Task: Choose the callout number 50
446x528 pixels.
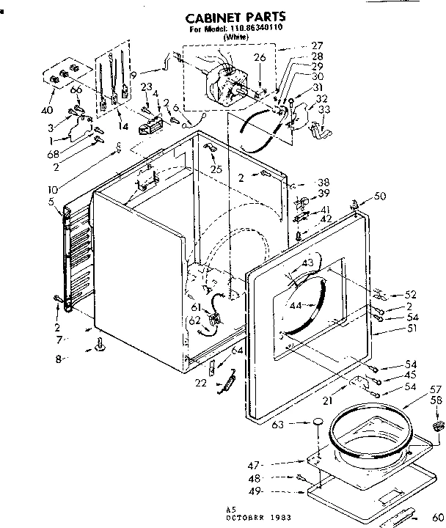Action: click(x=379, y=196)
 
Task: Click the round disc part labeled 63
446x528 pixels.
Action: click(x=316, y=423)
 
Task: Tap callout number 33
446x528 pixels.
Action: click(x=324, y=109)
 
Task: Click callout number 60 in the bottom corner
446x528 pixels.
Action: click(x=437, y=516)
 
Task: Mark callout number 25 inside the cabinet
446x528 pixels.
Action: click(x=216, y=169)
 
